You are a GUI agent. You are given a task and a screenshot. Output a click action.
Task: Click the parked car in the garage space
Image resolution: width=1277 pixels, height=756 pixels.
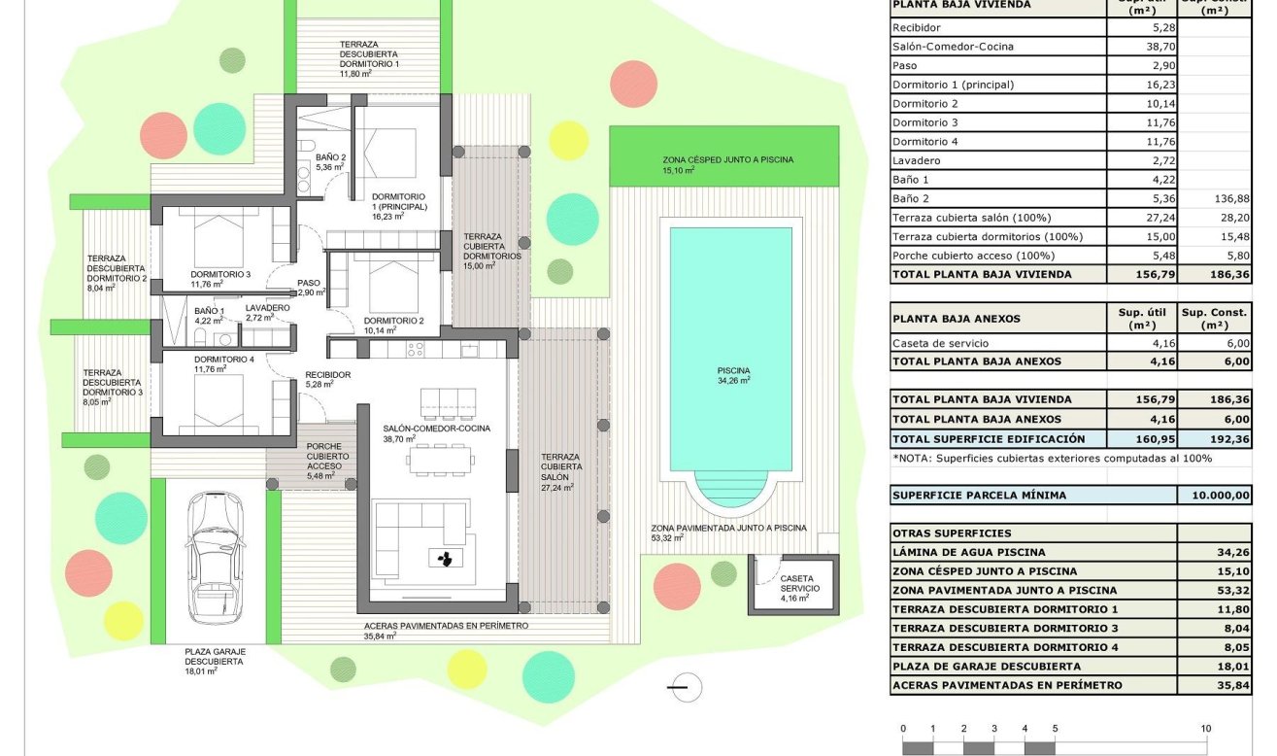pos(215,557)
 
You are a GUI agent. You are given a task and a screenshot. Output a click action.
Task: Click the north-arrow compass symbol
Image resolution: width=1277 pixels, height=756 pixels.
pos(686,686)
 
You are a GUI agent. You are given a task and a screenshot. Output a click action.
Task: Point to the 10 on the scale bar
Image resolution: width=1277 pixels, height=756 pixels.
pos(1205,729)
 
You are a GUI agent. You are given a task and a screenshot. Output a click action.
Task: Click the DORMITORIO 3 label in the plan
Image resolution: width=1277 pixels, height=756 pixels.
pos(220,274)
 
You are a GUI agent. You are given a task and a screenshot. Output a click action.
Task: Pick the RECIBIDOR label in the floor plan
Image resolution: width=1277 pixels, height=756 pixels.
pos(327,374)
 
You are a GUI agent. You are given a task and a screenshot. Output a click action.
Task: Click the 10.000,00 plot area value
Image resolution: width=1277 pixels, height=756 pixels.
pos(1214,496)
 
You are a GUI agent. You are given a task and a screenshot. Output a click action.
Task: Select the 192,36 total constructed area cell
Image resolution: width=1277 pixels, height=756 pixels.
pos(1214,439)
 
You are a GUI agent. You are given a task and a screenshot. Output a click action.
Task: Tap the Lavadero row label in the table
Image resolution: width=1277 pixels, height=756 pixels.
pos(915,160)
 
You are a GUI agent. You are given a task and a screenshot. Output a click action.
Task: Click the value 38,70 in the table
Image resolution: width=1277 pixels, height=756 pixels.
pos(1141,46)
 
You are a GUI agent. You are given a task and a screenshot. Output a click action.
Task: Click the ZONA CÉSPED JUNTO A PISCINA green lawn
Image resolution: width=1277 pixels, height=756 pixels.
pos(723,155)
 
